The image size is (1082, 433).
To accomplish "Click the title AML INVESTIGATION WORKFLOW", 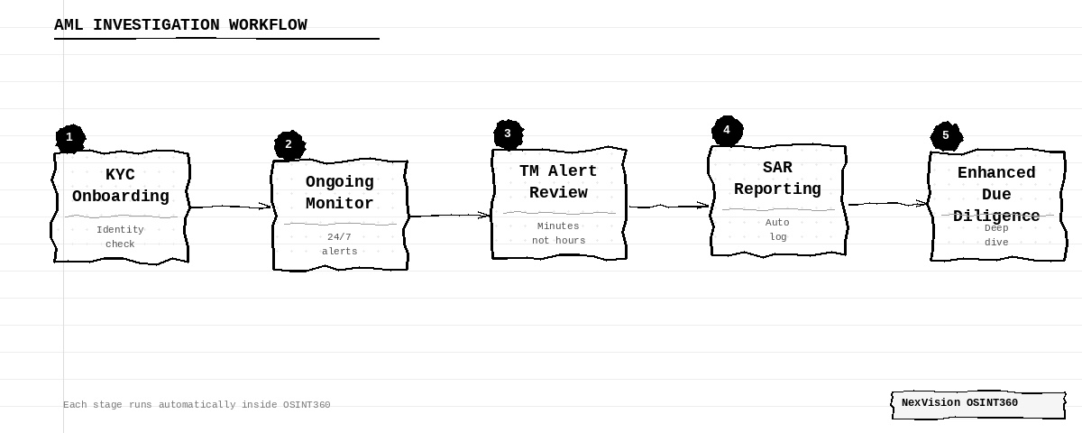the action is click(180, 24).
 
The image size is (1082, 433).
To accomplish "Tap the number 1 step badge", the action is click(70, 138).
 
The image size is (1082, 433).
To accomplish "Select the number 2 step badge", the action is click(289, 145).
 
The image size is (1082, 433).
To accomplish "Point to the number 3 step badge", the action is click(509, 134).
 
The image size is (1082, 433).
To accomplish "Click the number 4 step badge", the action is click(727, 131).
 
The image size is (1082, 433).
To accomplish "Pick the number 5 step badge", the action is click(946, 136).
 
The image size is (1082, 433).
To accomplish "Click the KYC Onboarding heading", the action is click(120, 185).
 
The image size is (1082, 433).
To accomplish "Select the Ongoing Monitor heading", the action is click(340, 192).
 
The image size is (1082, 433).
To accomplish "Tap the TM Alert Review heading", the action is click(558, 181).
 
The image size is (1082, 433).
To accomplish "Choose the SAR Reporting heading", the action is click(777, 179).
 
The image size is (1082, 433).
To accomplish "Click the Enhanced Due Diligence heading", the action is click(996, 194).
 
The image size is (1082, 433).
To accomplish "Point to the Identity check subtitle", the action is click(120, 236).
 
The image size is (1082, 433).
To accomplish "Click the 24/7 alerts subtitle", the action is click(340, 244).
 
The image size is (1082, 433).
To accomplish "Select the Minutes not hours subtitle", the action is click(558, 233).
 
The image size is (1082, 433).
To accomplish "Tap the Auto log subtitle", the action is click(777, 229).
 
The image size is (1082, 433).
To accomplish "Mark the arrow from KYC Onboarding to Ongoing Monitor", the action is click(231, 207).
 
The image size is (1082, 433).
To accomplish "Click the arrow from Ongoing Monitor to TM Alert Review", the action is click(450, 215).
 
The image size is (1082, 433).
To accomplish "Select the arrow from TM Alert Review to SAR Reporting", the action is click(669, 207).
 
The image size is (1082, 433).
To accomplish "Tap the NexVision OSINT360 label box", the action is click(978, 405).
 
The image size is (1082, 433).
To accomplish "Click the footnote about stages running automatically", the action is click(197, 404).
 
